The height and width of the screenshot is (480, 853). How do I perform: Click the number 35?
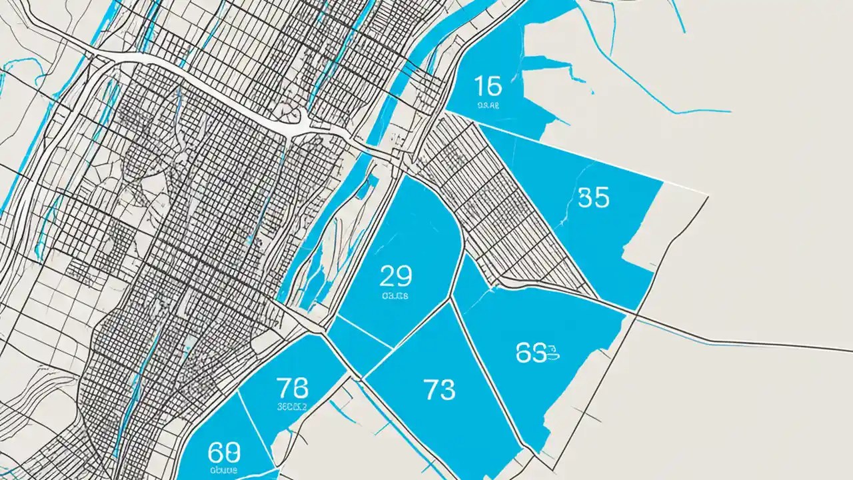[x=593, y=197]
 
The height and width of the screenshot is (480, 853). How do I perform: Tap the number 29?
[x=395, y=275]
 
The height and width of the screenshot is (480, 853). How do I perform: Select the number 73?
[x=439, y=389]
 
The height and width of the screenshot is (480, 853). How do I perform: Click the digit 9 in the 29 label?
[x=404, y=275]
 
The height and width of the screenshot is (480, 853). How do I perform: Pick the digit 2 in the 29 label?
[x=387, y=275]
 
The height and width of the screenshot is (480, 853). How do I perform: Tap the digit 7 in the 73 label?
[x=431, y=389]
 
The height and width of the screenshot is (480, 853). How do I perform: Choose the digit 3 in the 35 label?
[x=585, y=197]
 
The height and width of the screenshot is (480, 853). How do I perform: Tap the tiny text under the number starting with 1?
[x=488, y=105]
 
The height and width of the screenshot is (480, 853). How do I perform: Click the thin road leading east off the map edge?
[x=766, y=343]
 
